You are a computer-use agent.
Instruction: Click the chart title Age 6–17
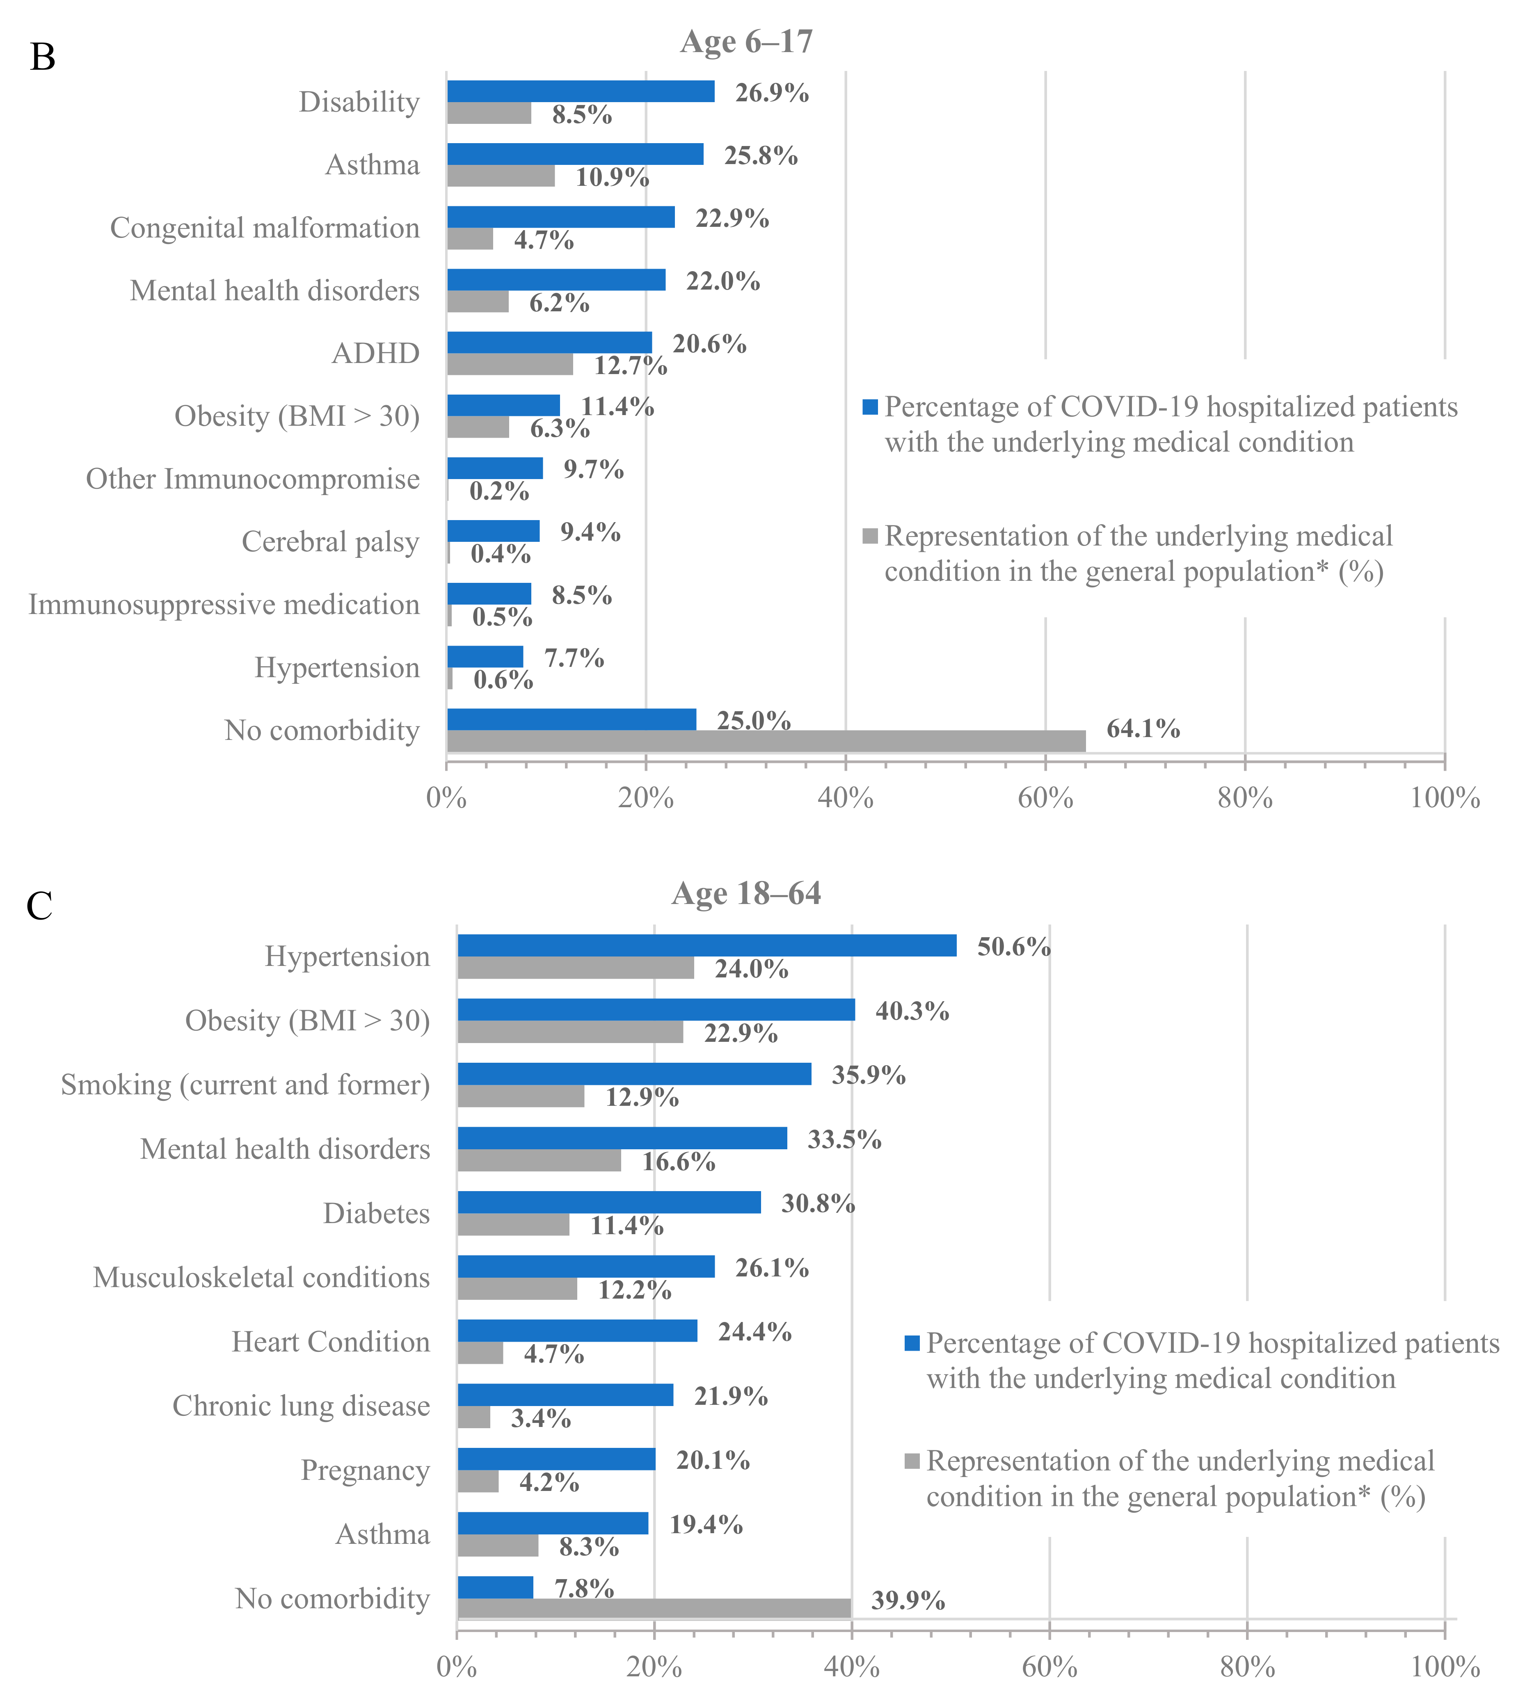pos(746,42)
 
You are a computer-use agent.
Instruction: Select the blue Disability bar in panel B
pos(581,91)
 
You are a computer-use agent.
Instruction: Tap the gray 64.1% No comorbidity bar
pos(766,740)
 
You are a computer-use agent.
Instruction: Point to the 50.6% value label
pos(1013,947)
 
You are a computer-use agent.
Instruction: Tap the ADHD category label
pos(375,354)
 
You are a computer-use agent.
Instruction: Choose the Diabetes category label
pos(376,1213)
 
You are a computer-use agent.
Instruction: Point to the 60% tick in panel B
pos(1045,797)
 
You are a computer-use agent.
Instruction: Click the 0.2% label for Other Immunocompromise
pos(498,491)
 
